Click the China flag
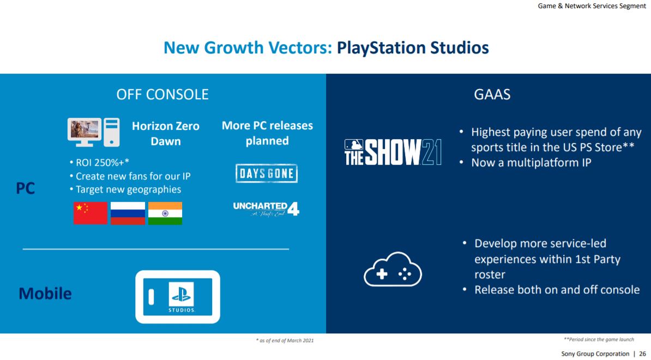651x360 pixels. click(91, 213)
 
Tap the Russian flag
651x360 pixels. click(128, 213)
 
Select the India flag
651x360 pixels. click(165, 213)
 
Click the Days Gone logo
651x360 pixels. click(267, 173)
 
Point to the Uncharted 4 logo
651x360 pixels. click(266, 209)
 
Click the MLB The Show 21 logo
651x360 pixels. click(393, 152)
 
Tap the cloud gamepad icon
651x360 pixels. click(393, 269)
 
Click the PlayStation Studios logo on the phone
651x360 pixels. click(182, 297)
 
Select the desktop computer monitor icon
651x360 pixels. click(85, 132)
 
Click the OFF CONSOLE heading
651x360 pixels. click(162, 94)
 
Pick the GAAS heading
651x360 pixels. click(492, 94)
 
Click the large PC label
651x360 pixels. click(25, 188)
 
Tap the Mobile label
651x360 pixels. click(45, 293)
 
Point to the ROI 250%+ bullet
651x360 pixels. click(100, 163)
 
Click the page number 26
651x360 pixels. click(642, 354)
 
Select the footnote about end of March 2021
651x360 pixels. click(285, 340)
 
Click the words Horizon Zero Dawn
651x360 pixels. click(166, 133)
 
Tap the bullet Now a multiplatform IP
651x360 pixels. click(526, 163)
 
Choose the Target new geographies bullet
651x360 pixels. click(125, 189)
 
